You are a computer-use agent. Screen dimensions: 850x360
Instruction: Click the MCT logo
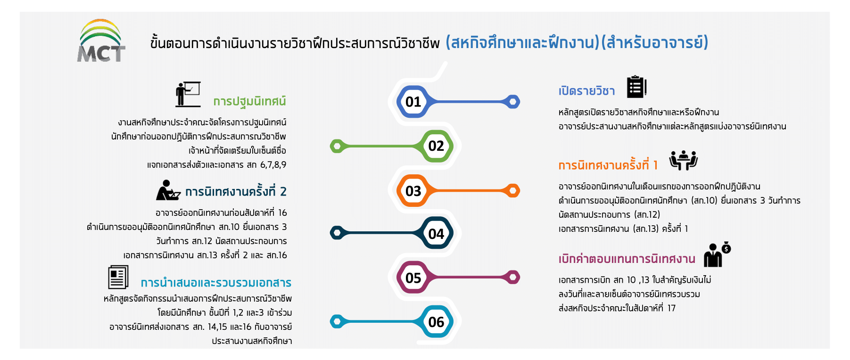pyautogui.click(x=101, y=41)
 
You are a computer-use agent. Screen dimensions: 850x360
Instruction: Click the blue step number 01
pyautogui.click(x=413, y=102)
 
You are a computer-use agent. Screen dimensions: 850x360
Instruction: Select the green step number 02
pyautogui.click(x=436, y=146)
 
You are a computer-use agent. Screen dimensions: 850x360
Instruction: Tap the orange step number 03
pyautogui.click(x=413, y=191)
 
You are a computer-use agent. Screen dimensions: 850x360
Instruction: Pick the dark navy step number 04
pyautogui.click(x=436, y=234)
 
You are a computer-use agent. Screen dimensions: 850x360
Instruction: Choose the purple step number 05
pyautogui.click(x=413, y=278)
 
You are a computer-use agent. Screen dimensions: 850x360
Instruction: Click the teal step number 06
pyautogui.click(x=436, y=322)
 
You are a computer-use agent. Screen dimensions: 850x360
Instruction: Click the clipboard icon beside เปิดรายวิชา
pyautogui.click(x=636, y=87)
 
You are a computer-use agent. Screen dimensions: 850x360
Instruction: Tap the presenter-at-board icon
pyautogui.click(x=188, y=94)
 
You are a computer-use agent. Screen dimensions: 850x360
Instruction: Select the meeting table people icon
pyautogui.click(x=684, y=160)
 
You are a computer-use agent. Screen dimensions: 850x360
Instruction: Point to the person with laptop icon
pyautogui.click(x=168, y=190)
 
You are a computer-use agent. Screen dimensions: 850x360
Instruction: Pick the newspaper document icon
pyautogui.click(x=118, y=277)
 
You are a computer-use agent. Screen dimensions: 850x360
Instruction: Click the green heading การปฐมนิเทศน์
pyautogui.click(x=249, y=102)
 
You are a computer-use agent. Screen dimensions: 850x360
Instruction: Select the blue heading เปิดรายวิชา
pyautogui.click(x=586, y=90)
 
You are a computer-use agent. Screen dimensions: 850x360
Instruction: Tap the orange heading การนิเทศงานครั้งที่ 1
pyautogui.click(x=608, y=164)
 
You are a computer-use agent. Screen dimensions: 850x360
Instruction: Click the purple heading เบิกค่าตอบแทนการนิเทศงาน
pyautogui.click(x=627, y=259)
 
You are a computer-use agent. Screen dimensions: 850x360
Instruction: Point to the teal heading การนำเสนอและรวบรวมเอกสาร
pyautogui.click(x=216, y=283)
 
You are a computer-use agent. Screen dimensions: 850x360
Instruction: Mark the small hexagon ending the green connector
pyautogui.click(x=337, y=147)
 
